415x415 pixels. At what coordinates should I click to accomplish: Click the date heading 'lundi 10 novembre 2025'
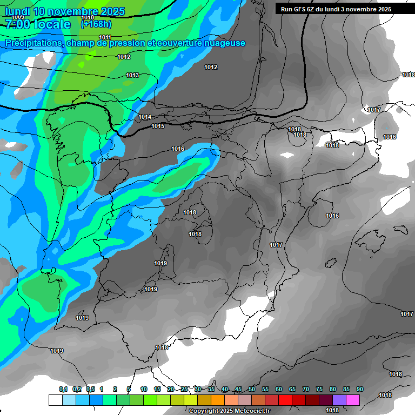(x=65, y=11)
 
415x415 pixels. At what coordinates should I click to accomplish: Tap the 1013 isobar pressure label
(x=132, y=75)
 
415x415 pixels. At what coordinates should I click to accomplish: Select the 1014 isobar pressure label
(x=145, y=117)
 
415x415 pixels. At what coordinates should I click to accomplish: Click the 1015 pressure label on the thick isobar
(x=158, y=126)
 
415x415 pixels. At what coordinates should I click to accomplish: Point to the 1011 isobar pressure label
(x=105, y=37)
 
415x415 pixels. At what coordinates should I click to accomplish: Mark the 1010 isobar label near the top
(x=88, y=18)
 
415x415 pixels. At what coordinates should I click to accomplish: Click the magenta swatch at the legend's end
(x=353, y=400)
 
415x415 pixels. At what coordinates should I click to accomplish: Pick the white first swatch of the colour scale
(x=55, y=400)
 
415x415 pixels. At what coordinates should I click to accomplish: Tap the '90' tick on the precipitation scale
(x=359, y=389)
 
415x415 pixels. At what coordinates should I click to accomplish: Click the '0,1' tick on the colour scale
(x=63, y=389)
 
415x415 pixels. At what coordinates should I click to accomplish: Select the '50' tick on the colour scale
(x=252, y=389)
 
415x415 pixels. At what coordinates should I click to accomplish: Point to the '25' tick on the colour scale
(x=184, y=389)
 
